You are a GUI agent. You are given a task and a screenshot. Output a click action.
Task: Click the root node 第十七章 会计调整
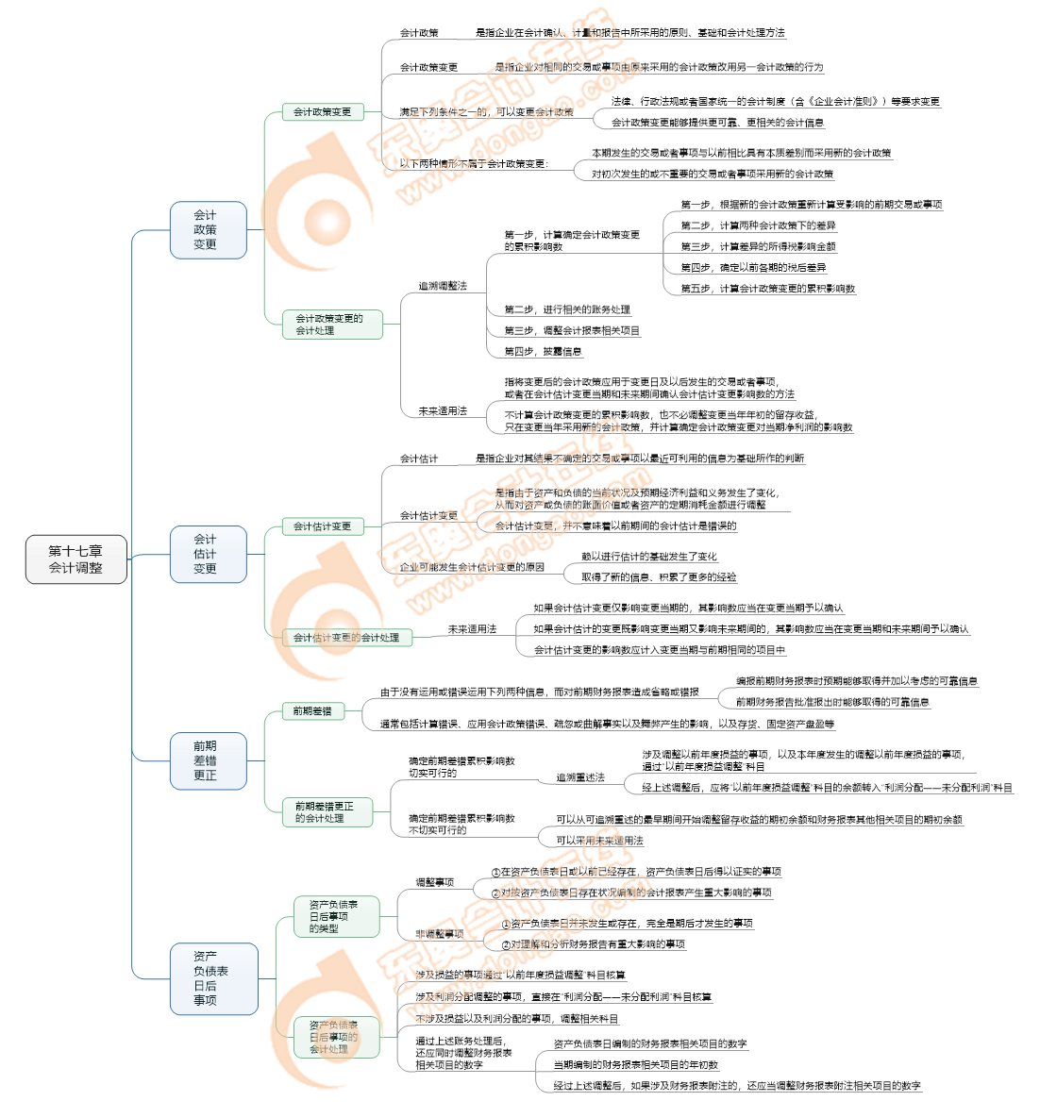(x=75, y=559)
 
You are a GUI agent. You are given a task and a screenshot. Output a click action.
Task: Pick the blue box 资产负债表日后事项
(x=213, y=978)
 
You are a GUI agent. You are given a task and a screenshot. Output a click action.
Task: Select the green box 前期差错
(x=312, y=710)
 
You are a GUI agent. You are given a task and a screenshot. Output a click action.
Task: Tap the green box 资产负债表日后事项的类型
(x=336, y=916)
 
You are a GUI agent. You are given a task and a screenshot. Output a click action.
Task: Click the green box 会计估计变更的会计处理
(x=345, y=638)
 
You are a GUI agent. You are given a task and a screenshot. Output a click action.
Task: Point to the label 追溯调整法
(x=443, y=286)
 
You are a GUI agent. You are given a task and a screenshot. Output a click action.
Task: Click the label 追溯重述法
(x=579, y=777)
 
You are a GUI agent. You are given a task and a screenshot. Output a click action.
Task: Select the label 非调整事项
(x=440, y=934)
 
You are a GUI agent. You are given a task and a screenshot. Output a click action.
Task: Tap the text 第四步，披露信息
(x=543, y=352)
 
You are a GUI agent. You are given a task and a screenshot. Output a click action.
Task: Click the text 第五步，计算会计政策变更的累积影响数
(x=767, y=289)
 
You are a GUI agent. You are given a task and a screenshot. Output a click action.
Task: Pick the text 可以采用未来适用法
(x=599, y=841)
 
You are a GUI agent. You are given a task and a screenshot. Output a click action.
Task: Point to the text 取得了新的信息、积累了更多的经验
(x=658, y=577)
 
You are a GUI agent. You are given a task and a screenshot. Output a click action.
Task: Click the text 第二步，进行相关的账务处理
(x=566, y=309)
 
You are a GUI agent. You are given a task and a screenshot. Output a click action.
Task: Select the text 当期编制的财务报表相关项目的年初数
(x=635, y=1065)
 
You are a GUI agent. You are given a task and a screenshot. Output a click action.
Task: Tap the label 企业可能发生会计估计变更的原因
(x=471, y=567)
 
